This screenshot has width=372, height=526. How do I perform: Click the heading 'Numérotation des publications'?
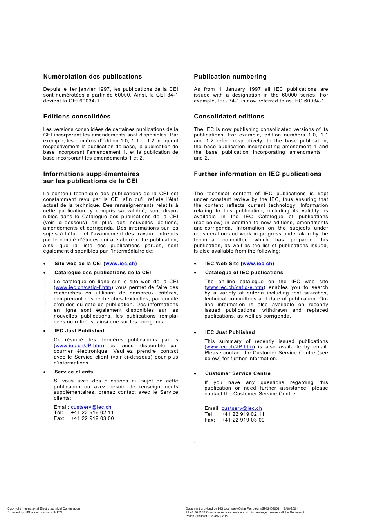tap(92, 77)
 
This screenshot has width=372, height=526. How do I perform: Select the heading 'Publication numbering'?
tap(230, 77)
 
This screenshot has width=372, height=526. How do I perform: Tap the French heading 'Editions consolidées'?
tap(77, 117)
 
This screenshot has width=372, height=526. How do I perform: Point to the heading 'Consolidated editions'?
tap(229, 117)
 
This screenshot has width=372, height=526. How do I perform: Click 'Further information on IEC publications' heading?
tap(257, 174)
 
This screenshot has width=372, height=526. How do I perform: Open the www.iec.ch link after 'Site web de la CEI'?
tap(120, 264)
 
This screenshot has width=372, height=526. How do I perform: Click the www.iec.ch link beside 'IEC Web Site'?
tap(257, 264)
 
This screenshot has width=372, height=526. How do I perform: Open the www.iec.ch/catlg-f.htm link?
tap(83, 287)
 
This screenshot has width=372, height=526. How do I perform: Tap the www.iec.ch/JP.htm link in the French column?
tap(79, 346)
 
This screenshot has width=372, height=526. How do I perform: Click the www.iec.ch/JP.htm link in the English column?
tap(229, 347)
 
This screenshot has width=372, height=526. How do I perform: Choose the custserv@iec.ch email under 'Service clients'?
tap(91, 407)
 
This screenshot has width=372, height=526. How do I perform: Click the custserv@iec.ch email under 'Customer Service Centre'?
tap(242, 408)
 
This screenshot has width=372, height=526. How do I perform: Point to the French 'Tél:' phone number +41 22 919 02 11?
tap(92, 413)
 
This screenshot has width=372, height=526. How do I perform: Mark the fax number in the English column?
tap(243, 420)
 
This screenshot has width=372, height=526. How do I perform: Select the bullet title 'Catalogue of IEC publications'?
tap(244, 273)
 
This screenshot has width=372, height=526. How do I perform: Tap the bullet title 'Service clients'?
tap(74, 372)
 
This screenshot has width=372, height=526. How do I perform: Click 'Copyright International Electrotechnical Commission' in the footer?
tap(43, 509)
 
